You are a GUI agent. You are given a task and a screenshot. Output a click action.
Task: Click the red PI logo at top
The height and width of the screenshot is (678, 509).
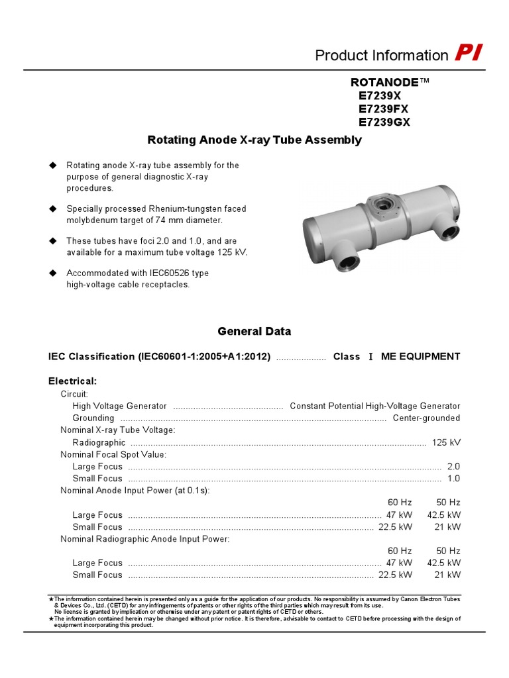tap(469, 54)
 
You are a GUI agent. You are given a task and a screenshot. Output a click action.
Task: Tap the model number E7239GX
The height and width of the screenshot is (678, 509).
tap(385, 122)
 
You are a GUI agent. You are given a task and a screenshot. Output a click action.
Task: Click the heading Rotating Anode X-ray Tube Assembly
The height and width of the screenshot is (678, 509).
tap(254, 140)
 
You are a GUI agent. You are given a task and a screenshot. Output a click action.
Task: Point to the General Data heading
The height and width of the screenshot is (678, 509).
tap(254, 331)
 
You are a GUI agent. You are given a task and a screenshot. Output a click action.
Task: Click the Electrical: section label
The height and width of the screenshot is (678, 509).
tap(73, 381)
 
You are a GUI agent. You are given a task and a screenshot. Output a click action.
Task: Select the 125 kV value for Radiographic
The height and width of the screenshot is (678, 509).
tap(446, 442)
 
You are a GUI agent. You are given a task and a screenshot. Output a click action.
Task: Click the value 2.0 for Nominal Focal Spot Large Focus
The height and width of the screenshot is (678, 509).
tap(453, 466)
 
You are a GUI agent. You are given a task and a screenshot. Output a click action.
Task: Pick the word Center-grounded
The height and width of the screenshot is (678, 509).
tap(426, 418)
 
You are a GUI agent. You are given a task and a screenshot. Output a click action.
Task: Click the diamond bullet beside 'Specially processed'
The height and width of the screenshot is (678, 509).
tap(54, 209)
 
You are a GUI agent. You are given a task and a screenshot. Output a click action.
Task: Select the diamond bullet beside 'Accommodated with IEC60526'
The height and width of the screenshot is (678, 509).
tap(54, 273)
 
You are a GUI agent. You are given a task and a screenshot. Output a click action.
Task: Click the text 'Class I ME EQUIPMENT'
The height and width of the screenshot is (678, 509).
tap(396, 356)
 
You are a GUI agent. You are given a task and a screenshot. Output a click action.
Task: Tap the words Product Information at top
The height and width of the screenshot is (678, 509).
tap(382, 56)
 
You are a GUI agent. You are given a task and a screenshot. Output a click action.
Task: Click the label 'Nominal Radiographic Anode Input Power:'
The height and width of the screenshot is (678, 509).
tap(145, 539)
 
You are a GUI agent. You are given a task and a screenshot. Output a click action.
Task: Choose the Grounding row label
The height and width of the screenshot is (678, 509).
tap(93, 418)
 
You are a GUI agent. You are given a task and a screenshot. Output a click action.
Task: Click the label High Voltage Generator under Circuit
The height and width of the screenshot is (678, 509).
tap(119, 406)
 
